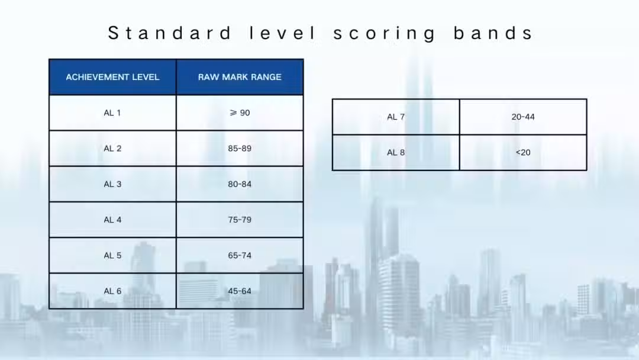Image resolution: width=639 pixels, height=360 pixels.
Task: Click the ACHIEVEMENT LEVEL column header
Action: (112, 77)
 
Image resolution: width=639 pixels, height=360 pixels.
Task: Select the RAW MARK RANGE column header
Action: (240, 77)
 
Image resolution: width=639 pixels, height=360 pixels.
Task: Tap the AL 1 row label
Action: (112, 113)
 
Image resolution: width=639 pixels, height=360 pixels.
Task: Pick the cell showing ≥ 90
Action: (240, 113)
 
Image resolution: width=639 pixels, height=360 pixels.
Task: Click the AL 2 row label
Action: (112, 149)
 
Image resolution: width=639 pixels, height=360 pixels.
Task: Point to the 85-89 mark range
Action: (240, 149)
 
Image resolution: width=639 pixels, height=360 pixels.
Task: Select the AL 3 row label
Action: (112, 184)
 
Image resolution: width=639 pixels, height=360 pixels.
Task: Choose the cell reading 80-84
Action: (240, 184)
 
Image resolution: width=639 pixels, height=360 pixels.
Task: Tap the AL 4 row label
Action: (112, 220)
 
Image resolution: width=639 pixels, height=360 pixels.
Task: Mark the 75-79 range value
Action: (240, 220)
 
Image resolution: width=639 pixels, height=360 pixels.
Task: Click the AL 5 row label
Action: (112, 256)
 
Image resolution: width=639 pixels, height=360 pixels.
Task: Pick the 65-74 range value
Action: (240, 256)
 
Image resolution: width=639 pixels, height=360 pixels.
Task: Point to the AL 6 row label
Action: (112, 291)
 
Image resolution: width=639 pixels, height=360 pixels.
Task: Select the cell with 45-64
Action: (240, 291)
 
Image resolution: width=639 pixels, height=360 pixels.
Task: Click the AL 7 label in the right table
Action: (396, 117)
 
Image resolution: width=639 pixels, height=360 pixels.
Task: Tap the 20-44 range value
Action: (523, 117)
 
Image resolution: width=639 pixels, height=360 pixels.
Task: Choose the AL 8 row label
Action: (396, 153)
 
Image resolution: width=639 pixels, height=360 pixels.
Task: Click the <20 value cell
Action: (523, 153)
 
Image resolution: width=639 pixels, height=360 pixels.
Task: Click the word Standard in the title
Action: (170, 33)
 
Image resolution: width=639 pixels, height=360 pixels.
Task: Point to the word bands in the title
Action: (493, 33)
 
